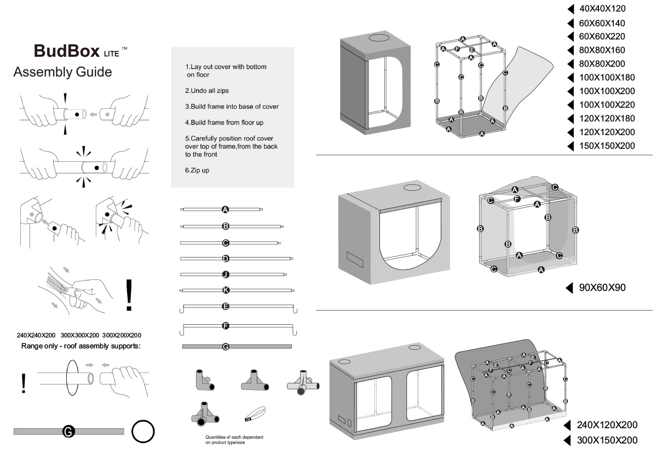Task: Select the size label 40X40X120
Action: pyautogui.click(x=602, y=9)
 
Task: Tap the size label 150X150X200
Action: pyautogui.click(x=607, y=145)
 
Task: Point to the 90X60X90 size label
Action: pyautogui.click(x=602, y=288)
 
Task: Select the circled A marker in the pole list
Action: pyautogui.click(x=225, y=209)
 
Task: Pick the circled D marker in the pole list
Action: pyautogui.click(x=225, y=259)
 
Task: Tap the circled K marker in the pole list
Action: pyautogui.click(x=225, y=290)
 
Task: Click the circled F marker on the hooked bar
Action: pyautogui.click(x=225, y=326)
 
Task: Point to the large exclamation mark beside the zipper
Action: pyautogui.click(x=129, y=295)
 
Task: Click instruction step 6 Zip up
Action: pyautogui.click(x=197, y=171)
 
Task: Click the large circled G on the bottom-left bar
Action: pyautogui.click(x=69, y=431)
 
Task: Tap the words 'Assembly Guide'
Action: pyautogui.click(x=62, y=72)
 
